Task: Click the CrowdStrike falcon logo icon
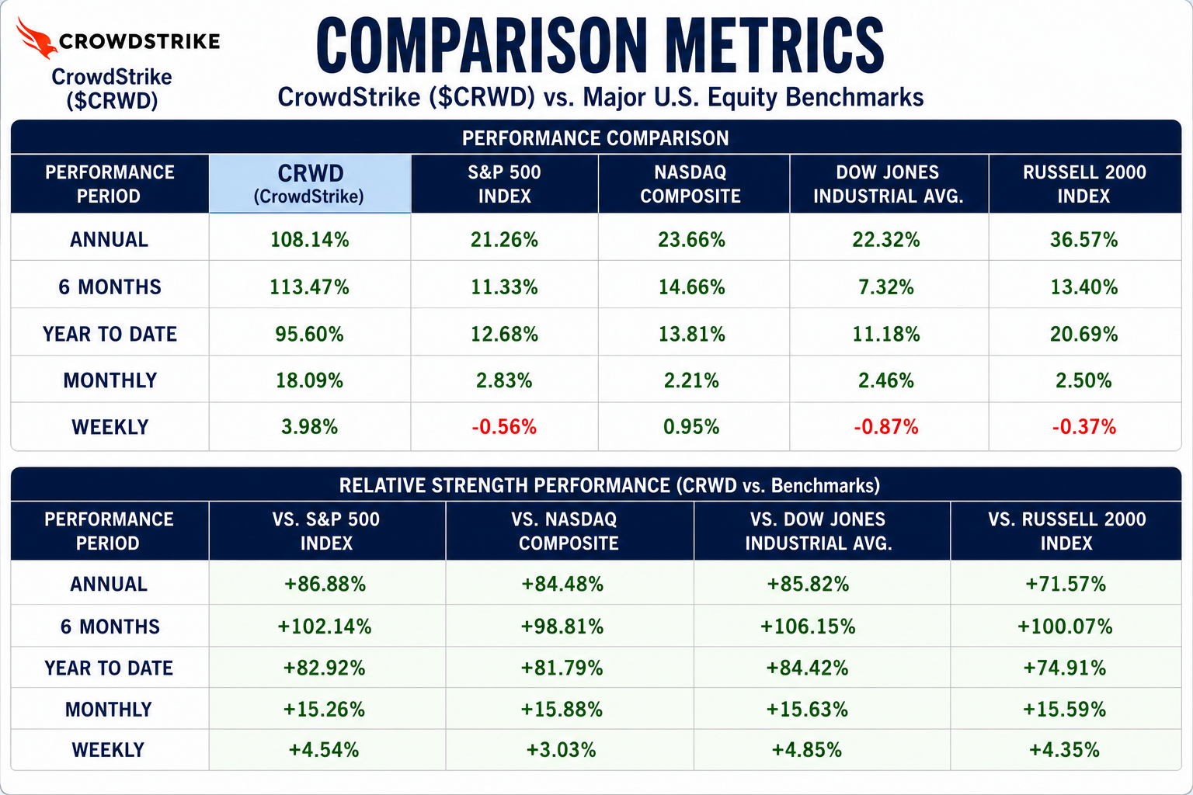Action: (x=36, y=37)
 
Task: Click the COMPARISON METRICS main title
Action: (x=600, y=46)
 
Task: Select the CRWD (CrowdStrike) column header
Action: (x=310, y=184)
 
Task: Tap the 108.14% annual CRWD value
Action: (x=309, y=240)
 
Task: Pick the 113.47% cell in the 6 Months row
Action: (x=309, y=287)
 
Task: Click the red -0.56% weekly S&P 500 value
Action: (x=504, y=427)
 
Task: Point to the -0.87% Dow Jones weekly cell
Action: (x=886, y=427)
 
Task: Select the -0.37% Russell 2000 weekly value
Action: (x=1083, y=427)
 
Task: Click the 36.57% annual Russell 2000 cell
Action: (x=1083, y=240)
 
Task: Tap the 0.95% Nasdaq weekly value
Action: (x=691, y=427)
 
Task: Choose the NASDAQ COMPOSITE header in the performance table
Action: (x=690, y=184)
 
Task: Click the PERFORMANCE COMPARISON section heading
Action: (x=596, y=138)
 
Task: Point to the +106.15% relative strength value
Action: (x=808, y=627)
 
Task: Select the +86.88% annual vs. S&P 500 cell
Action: (x=325, y=584)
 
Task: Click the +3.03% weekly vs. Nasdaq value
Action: (x=562, y=750)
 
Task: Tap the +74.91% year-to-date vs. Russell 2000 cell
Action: (x=1065, y=668)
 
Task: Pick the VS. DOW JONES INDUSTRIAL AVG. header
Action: (x=819, y=531)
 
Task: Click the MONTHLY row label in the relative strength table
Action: (x=109, y=710)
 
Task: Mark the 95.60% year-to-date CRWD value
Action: (x=309, y=334)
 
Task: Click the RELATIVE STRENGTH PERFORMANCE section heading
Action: (x=609, y=486)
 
